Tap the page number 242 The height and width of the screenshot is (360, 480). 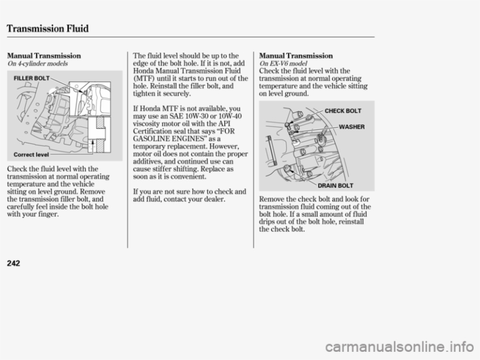tap(15, 263)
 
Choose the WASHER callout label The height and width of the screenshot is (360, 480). tap(351, 127)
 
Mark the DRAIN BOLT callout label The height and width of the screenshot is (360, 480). tap(343, 186)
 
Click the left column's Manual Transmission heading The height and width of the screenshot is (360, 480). tap(44, 56)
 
